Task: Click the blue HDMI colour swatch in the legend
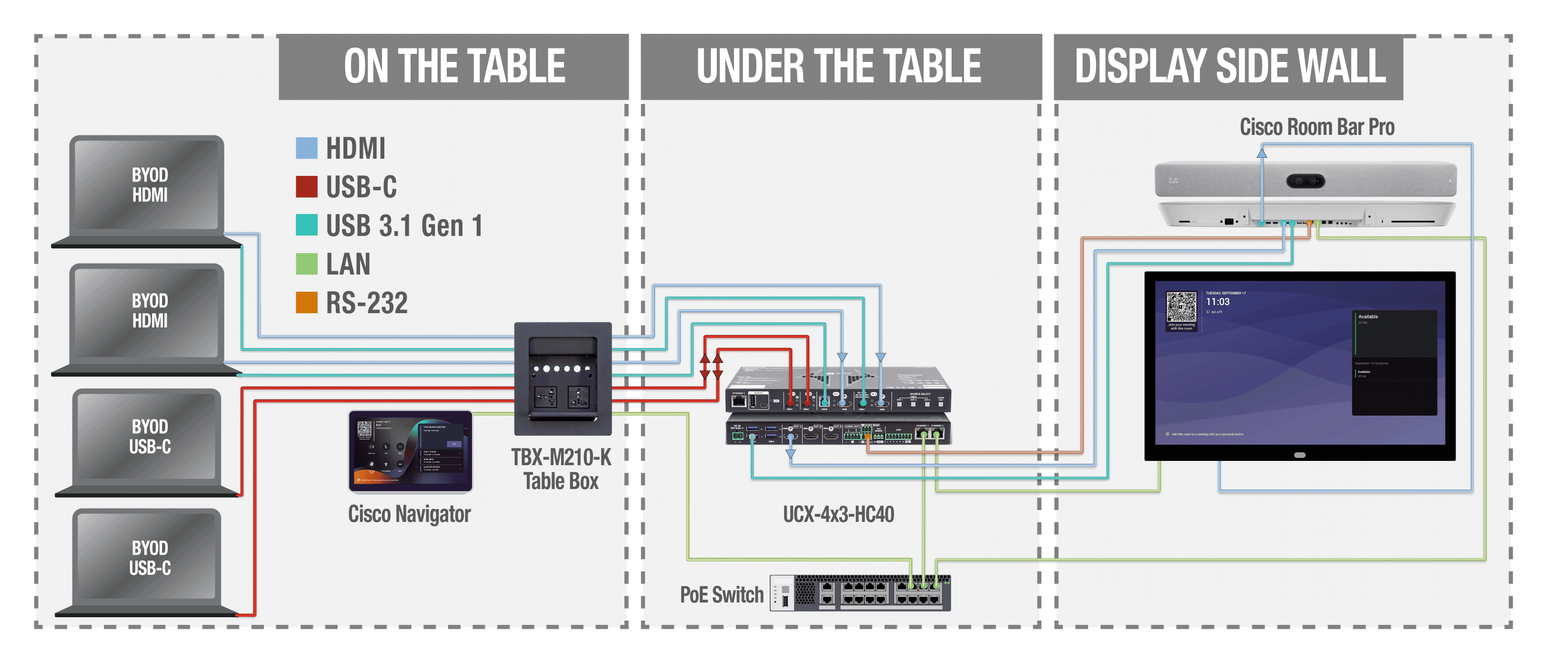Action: [306, 148]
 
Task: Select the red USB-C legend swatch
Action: [306, 186]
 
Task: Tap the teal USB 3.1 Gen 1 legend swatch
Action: [306, 225]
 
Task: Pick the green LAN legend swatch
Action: [306, 263]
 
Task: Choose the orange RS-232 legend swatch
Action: [306, 302]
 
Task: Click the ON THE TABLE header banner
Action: [453, 66]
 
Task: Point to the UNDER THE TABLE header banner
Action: [840, 66]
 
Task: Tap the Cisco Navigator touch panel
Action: [410, 451]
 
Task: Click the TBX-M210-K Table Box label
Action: [561, 469]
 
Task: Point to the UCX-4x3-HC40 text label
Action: [838, 514]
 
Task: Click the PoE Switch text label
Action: [721, 594]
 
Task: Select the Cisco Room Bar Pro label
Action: [1316, 127]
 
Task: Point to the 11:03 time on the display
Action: [1217, 302]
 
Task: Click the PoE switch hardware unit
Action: [860, 592]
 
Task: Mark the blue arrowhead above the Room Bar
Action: [1262, 153]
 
